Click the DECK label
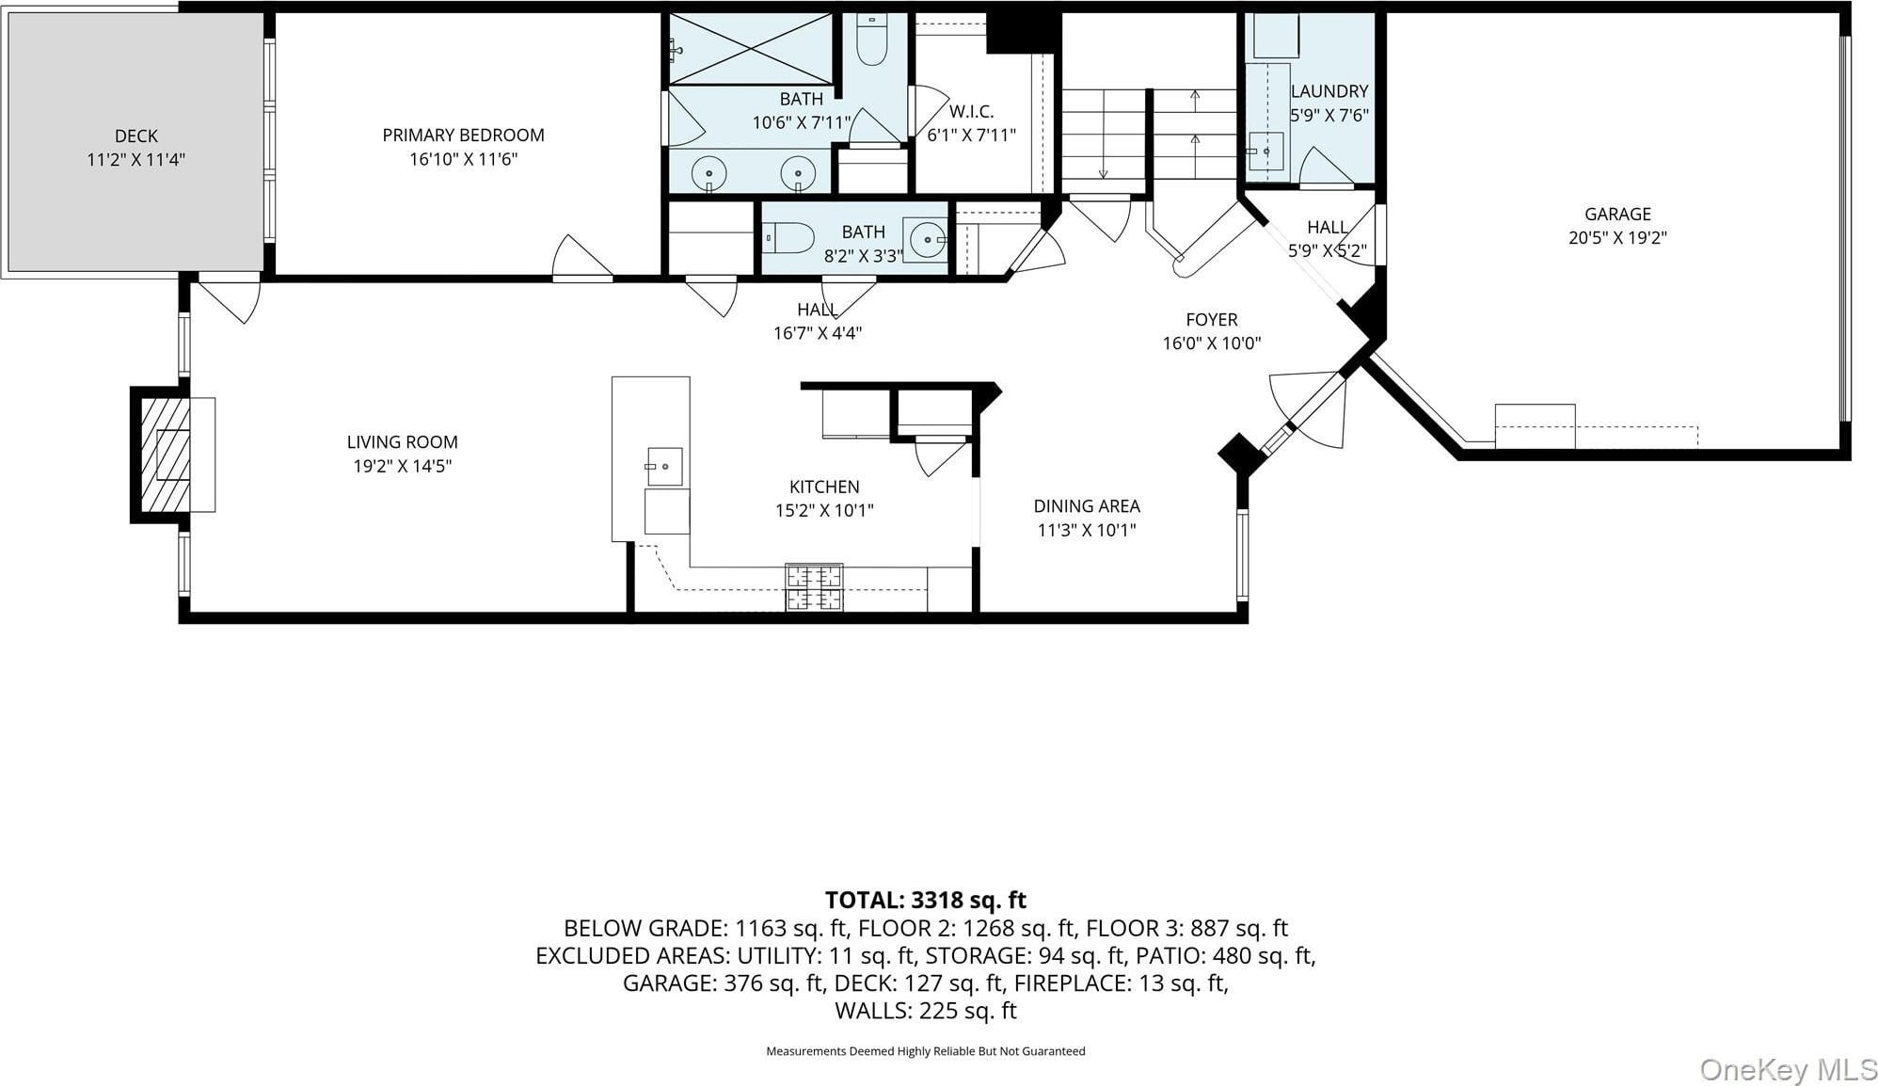(136, 136)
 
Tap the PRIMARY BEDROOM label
(463, 136)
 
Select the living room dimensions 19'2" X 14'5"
(402, 466)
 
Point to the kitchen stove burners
(814, 586)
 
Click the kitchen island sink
(664, 466)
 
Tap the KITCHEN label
(824, 487)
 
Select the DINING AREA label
(1087, 506)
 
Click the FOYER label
(1212, 320)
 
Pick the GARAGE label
(1617, 215)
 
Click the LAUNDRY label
(1329, 91)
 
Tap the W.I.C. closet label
(971, 111)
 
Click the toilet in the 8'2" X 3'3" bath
(788, 238)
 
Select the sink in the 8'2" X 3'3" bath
(926, 239)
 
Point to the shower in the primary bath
(751, 48)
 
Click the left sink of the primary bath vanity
(708, 172)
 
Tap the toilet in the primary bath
(872, 40)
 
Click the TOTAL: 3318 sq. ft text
(926, 901)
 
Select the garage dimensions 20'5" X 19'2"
(1617, 238)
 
